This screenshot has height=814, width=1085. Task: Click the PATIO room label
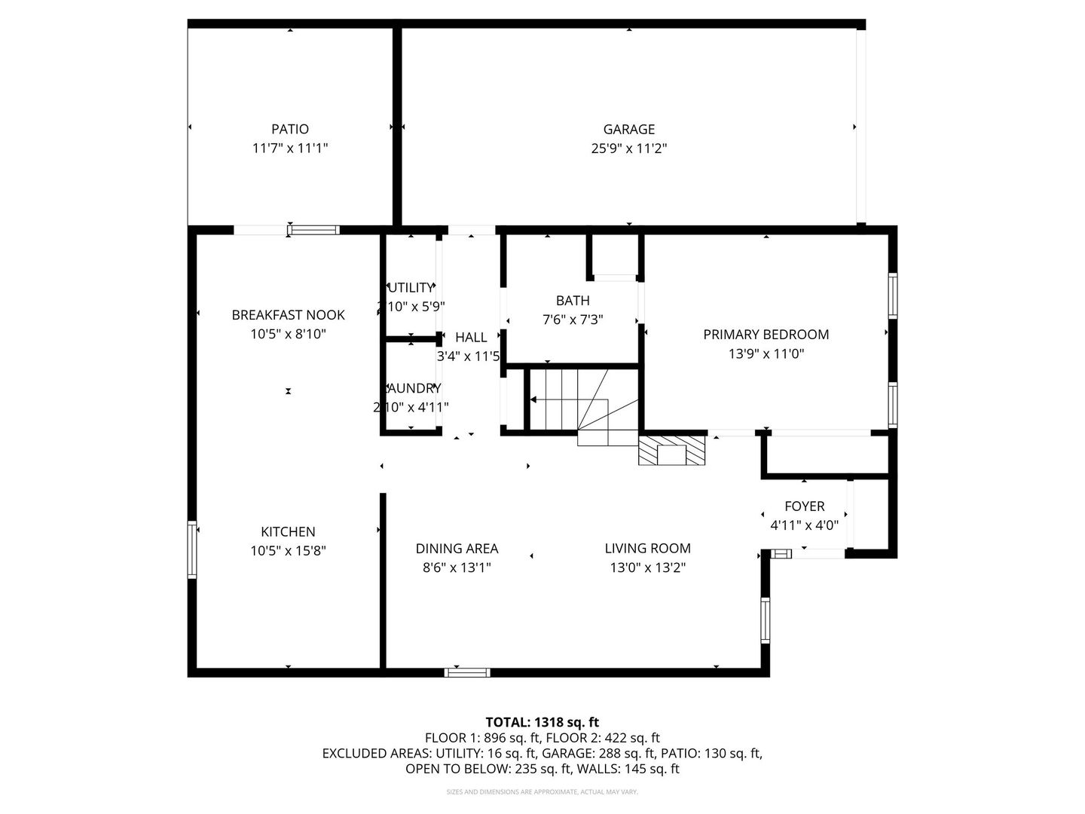pyautogui.click(x=290, y=130)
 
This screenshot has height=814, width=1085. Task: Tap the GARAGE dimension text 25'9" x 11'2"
pyautogui.click(x=629, y=148)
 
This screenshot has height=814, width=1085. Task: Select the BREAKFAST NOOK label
pyautogui.click(x=288, y=315)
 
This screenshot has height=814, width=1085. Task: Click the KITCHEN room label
pyautogui.click(x=288, y=532)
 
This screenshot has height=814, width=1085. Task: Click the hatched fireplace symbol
pyautogui.click(x=672, y=450)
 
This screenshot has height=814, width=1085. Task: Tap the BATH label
pyautogui.click(x=573, y=301)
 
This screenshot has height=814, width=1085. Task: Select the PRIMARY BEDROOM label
pyautogui.click(x=766, y=335)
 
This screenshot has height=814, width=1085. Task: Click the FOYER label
pyautogui.click(x=804, y=506)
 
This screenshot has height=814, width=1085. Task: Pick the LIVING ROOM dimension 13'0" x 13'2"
pyautogui.click(x=647, y=568)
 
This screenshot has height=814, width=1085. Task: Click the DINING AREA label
pyautogui.click(x=457, y=549)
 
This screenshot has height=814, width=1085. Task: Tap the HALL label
pyautogui.click(x=471, y=338)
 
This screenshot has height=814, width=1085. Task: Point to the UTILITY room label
pyautogui.click(x=411, y=288)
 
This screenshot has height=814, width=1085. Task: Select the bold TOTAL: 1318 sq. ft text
pyautogui.click(x=542, y=722)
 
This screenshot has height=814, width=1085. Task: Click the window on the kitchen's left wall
pyautogui.click(x=192, y=549)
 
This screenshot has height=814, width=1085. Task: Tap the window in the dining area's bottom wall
pyautogui.click(x=467, y=672)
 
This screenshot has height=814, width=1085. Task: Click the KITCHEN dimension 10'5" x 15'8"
pyautogui.click(x=288, y=551)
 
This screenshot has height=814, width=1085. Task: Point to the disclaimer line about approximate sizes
pyautogui.click(x=542, y=792)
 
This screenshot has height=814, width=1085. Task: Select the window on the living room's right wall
pyautogui.click(x=765, y=620)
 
